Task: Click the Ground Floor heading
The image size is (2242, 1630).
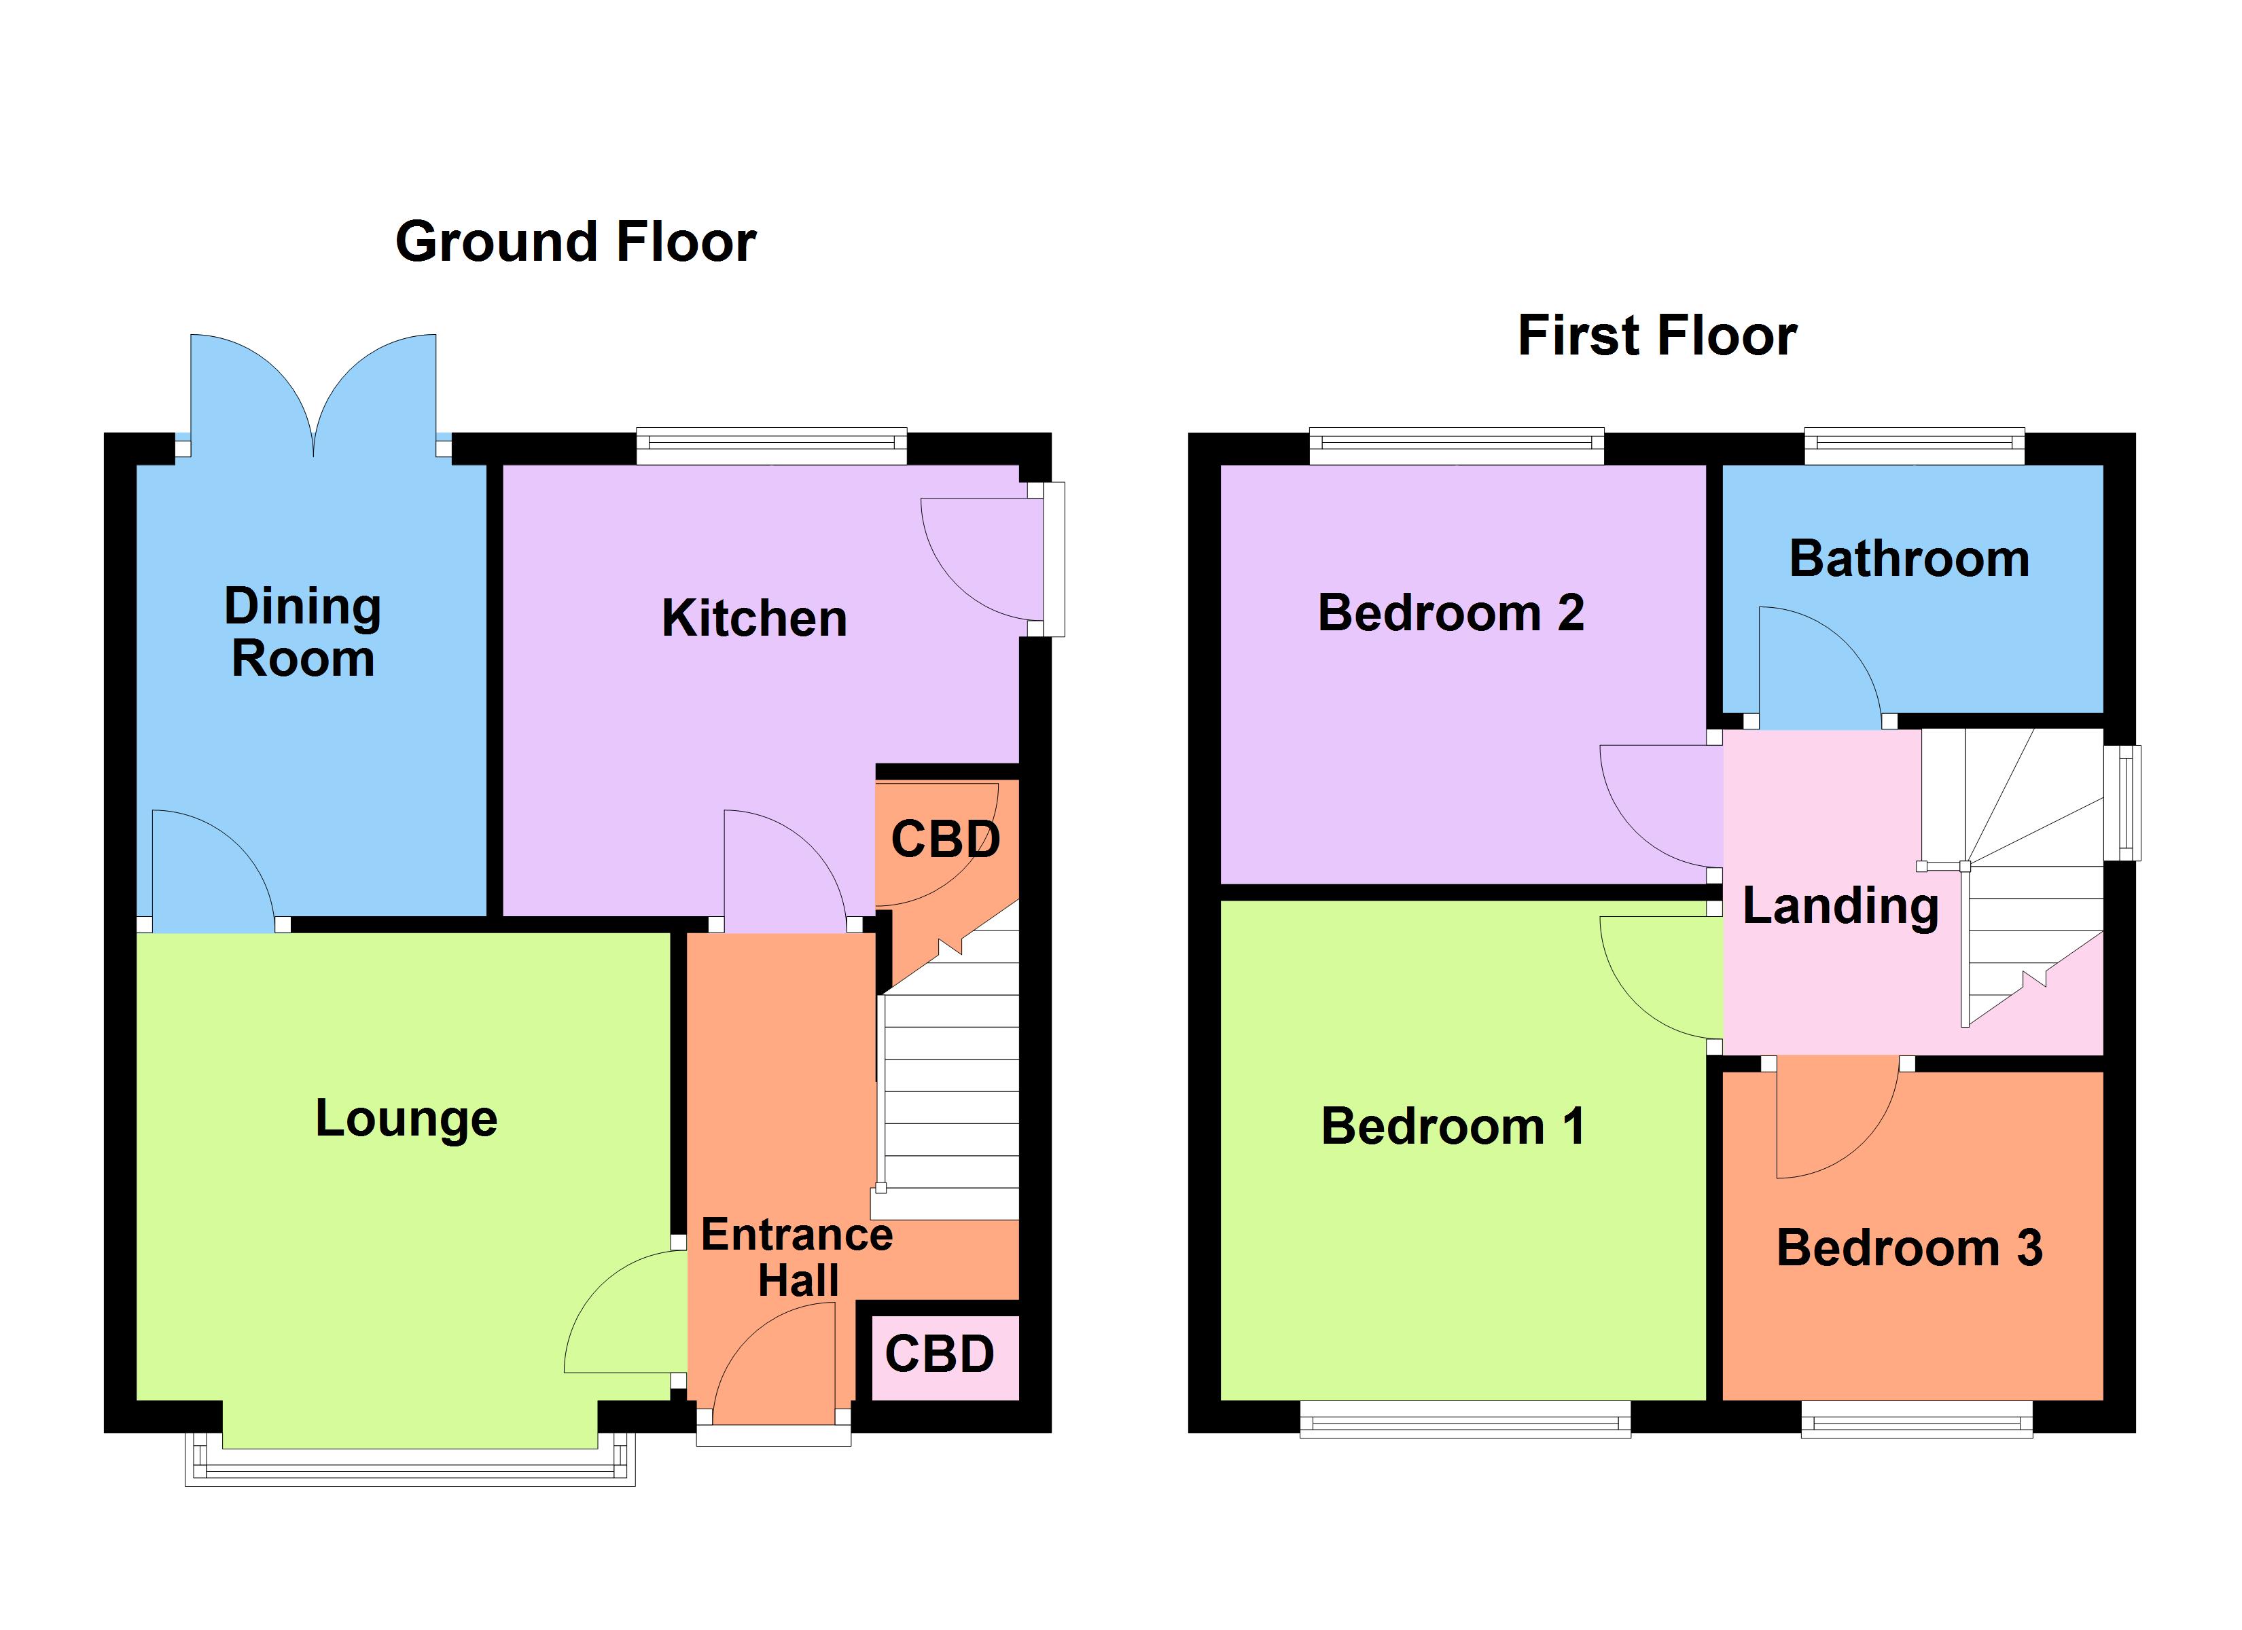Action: [x=575, y=242]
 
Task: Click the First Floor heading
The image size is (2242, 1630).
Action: [x=1657, y=336]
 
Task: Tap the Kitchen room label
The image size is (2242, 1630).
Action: [x=753, y=619]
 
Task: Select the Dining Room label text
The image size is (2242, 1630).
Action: [x=302, y=632]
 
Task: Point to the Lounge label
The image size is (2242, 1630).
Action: [x=406, y=1119]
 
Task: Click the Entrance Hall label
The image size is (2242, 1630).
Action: [x=797, y=1257]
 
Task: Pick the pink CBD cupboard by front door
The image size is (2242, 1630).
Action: [x=939, y=1355]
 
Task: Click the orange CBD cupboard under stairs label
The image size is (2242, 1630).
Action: [x=944, y=839]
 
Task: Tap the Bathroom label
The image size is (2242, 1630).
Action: [x=1909, y=560]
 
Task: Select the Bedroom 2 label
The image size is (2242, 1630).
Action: [x=1451, y=613]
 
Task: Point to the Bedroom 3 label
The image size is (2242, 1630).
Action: [x=1909, y=1248]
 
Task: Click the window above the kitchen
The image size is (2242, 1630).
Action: [x=771, y=446]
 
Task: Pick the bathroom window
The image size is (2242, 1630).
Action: [x=1914, y=446]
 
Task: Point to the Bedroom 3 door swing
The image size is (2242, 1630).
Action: [x=1829, y=1117]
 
